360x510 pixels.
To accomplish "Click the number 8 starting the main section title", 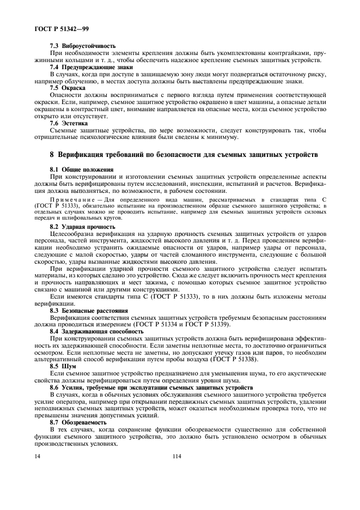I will (52, 154).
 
